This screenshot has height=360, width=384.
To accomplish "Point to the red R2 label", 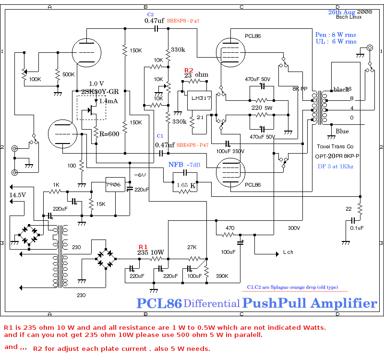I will [189, 70].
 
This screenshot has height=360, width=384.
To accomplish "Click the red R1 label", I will [143, 247].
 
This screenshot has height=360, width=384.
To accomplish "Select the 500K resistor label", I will [69, 74].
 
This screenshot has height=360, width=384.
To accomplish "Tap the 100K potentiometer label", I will [35, 79].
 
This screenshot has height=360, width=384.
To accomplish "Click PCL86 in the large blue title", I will [159, 303].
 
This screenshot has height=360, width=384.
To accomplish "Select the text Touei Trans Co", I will [336, 145].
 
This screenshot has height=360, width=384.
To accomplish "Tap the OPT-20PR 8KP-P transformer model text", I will [337, 156].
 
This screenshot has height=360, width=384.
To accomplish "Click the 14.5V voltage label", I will [17, 195].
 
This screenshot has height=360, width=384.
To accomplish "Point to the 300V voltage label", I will [294, 228].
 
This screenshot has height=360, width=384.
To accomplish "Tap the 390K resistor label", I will [221, 276].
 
